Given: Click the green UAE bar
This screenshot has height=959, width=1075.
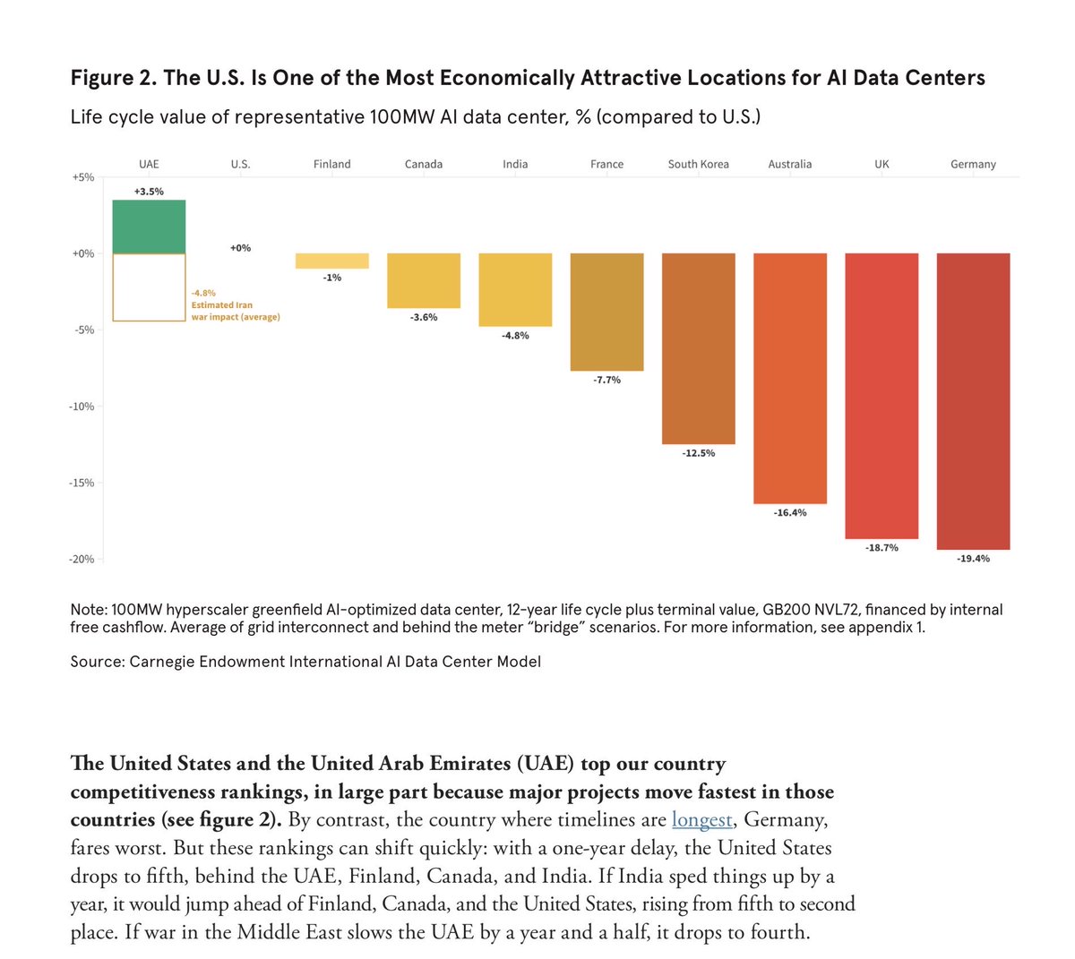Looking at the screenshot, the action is [x=149, y=227].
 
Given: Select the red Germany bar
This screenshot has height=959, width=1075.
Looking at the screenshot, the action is [x=973, y=401].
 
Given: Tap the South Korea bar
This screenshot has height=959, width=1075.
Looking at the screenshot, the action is [x=698, y=348].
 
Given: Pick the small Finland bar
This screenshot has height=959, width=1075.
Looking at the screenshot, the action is [x=332, y=261].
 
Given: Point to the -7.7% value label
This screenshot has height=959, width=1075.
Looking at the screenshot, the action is [x=607, y=380].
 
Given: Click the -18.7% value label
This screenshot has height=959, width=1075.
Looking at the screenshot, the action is [x=881, y=547].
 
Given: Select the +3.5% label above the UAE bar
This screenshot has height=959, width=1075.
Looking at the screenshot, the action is [x=149, y=192].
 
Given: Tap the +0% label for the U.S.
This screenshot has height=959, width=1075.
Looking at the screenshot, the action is [x=240, y=248].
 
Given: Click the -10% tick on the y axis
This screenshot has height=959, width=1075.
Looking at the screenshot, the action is [x=82, y=407].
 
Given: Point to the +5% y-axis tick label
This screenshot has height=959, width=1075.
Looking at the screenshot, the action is [x=82, y=177].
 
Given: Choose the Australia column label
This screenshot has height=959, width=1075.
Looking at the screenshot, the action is [x=789, y=164].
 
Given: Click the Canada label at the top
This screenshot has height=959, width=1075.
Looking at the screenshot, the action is [x=424, y=164].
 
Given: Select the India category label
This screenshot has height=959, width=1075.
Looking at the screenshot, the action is [x=515, y=164].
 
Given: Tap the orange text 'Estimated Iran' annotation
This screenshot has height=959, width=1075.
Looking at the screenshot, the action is [x=222, y=305].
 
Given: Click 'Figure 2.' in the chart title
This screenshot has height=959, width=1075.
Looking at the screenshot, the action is [x=113, y=77].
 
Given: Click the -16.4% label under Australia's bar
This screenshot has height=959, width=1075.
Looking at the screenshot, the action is [x=789, y=512].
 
